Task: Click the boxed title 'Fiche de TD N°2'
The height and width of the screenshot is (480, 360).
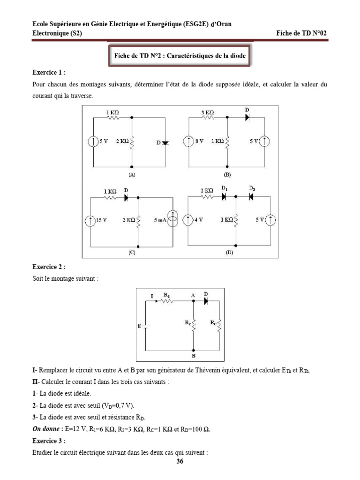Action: tap(180, 55)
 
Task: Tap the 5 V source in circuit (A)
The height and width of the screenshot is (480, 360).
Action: tap(94, 141)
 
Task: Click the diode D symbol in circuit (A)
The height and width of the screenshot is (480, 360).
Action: tap(165, 142)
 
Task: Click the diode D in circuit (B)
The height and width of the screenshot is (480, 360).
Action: tap(247, 117)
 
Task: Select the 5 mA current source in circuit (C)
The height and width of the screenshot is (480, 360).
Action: tap(172, 218)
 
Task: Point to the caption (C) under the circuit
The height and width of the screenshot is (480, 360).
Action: tap(132, 252)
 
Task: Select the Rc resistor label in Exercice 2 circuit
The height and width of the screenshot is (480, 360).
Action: tap(213, 322)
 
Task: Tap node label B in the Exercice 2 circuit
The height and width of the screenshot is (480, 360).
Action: tap(193, 356)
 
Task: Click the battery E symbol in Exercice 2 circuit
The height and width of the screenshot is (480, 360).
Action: tap(146, 325)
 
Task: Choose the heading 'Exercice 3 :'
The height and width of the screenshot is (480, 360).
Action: tap(49, 441)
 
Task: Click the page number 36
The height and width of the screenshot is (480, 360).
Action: tap(180, 462)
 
